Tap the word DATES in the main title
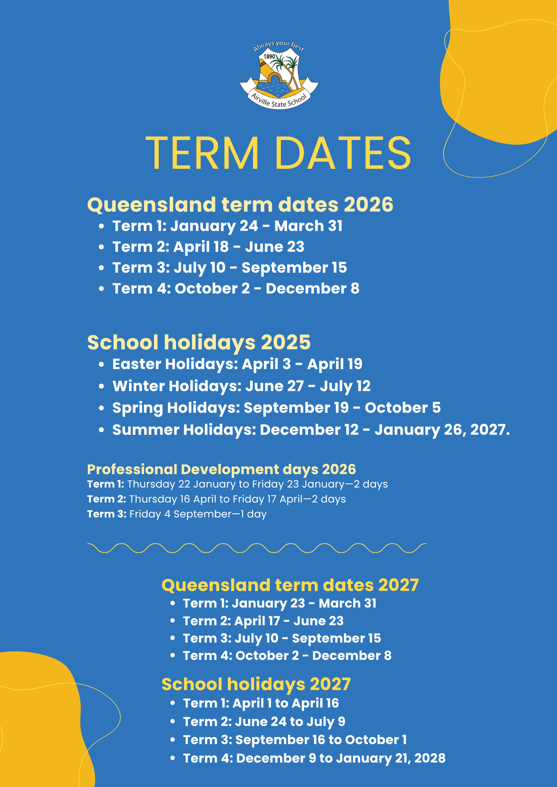[342, 153]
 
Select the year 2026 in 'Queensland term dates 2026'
[368, 205]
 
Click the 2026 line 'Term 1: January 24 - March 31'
[227, 226]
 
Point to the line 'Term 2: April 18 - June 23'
[208, 247]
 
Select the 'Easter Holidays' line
[237, 364]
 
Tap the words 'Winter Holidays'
[176, 386]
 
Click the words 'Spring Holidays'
[176, 408]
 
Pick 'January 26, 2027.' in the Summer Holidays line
[442, 430]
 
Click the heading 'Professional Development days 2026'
[221, 469]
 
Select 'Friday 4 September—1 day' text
[198, 514]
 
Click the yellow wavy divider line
[256, 548]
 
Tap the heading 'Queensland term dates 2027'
[290, 585]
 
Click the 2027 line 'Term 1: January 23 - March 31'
[279, 603]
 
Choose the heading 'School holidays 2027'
[256, 684]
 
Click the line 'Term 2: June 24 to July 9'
[264, 722]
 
